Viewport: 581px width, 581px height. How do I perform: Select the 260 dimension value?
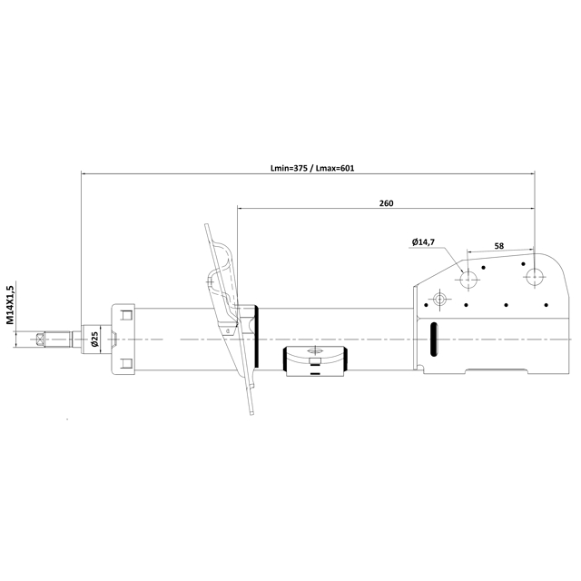tap(386, 203)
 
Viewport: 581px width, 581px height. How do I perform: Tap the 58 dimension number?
tap(499, 245)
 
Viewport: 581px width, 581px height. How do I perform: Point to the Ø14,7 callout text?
tap(423, 241)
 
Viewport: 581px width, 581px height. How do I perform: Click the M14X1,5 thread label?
tap(10, 304)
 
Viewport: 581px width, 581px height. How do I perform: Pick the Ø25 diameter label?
tap(95, 340)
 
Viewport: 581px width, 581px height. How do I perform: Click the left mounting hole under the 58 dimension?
tap(468, 277)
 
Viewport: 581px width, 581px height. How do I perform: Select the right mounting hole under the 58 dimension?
tap(534, 275)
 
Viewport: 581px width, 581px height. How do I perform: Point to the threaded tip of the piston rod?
tap(42, 340)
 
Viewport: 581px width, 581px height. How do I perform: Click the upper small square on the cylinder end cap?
tap(126, 316)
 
